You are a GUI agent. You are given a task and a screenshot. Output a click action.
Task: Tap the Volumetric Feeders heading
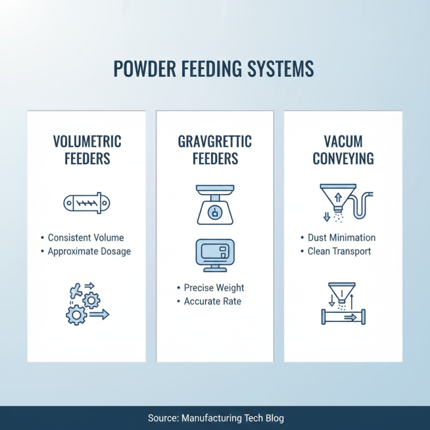[x=87, y=150]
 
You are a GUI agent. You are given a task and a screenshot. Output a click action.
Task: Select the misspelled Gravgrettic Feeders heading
[x=214, y=150]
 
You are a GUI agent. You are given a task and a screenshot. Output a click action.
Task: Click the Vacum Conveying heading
[x=342, y=150]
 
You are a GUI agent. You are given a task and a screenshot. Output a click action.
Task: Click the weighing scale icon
[x=214, y=204]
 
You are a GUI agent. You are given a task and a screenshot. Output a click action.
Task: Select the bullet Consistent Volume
[x=86, y=238]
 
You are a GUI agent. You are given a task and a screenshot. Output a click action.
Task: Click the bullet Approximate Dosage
[x=89, y=251]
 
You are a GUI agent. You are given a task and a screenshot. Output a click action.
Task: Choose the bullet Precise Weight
[x=213, y=288]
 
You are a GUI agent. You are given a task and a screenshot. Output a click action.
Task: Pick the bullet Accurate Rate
[x=212, y=302]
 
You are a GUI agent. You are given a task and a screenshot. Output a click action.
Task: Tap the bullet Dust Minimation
[x=341, y=238]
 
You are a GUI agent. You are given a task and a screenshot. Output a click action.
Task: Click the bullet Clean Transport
[x=339, y=251]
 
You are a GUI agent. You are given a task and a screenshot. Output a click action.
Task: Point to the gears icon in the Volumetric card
[x=86, y=304]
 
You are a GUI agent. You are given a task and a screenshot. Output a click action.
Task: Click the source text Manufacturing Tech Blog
[x=232, y=418]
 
